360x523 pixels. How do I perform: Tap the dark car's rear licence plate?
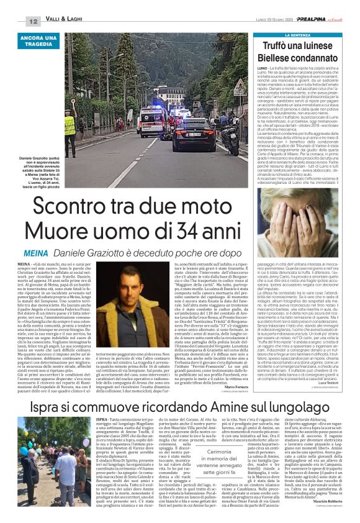pos(194,134)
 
